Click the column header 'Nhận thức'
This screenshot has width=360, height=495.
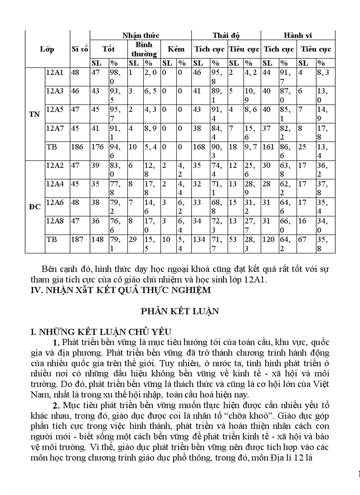pos(141,36)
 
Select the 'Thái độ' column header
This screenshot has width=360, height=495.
pos(226,36)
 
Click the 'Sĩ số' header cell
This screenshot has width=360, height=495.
pos(79,49)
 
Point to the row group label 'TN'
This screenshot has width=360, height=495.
pos(34,115)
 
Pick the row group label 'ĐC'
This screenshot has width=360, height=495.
pos(34,206)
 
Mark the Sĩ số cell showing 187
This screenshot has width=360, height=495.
pos(77,239)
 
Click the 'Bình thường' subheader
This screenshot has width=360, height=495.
pos(144,49)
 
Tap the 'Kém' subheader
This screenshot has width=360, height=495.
pos(176,49)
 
